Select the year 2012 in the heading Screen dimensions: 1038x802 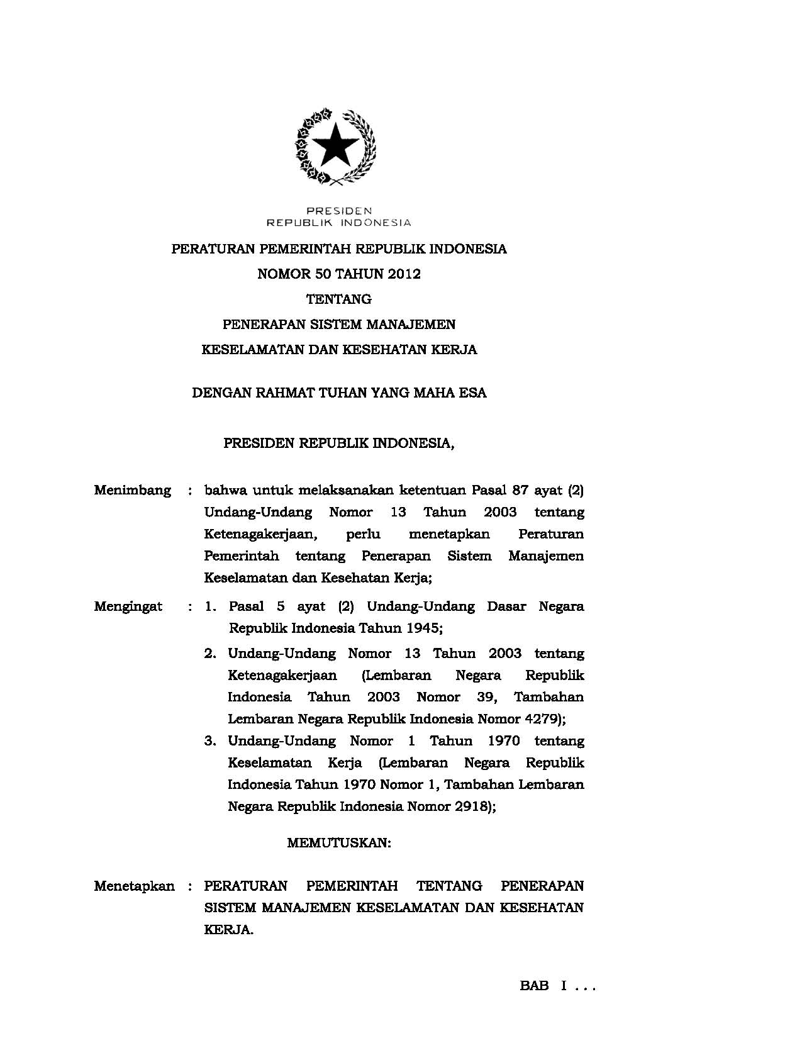point(404,274)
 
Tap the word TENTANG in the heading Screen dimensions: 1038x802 point(338,299)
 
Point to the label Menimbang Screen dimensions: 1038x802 point(132,490)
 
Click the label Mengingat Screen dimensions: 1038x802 point(128,606)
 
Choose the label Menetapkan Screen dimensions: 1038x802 point(134,886)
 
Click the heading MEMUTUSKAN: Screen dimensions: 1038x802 point(339,843)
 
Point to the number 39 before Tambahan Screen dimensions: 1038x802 point(488,697)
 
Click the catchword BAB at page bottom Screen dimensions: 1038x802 point(535,986)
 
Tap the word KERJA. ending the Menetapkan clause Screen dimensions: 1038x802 point(228,930)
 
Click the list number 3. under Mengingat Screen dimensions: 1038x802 point(210,741)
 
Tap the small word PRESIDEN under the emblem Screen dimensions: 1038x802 point(339,210)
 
